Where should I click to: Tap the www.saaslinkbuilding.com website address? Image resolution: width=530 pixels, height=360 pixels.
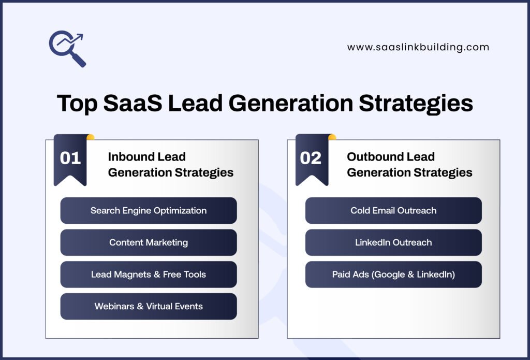click(418, 47)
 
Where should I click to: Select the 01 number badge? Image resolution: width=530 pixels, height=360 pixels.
click(70, 157)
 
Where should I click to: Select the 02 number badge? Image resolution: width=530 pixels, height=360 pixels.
click(311, 157)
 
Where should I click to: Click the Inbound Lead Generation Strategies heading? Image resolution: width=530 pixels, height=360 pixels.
click(170, 165)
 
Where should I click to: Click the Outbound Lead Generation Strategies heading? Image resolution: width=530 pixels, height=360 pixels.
click(409, 165)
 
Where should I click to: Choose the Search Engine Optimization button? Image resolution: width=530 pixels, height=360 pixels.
click(149, 211)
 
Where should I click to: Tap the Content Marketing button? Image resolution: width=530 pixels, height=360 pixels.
click(149, 242)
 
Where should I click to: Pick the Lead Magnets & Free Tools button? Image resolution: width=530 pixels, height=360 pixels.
click(149, 275)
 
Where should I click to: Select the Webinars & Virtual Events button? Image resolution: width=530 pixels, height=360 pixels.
click(149, 306)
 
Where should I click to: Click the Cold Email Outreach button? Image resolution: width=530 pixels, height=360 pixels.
click(393, 211)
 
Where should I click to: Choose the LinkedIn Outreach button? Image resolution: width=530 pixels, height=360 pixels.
click(393, 242)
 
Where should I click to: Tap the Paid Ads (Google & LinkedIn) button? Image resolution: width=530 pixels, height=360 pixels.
click(393, 275)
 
